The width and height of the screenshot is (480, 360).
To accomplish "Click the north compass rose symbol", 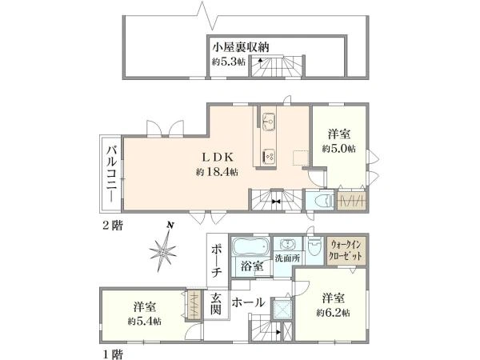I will click(163, 250).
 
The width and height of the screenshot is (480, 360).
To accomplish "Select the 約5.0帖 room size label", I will click(335, 149).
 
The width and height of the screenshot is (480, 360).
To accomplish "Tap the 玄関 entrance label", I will click(216, 306).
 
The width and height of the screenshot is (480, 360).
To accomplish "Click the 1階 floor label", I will click(110, 352).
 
